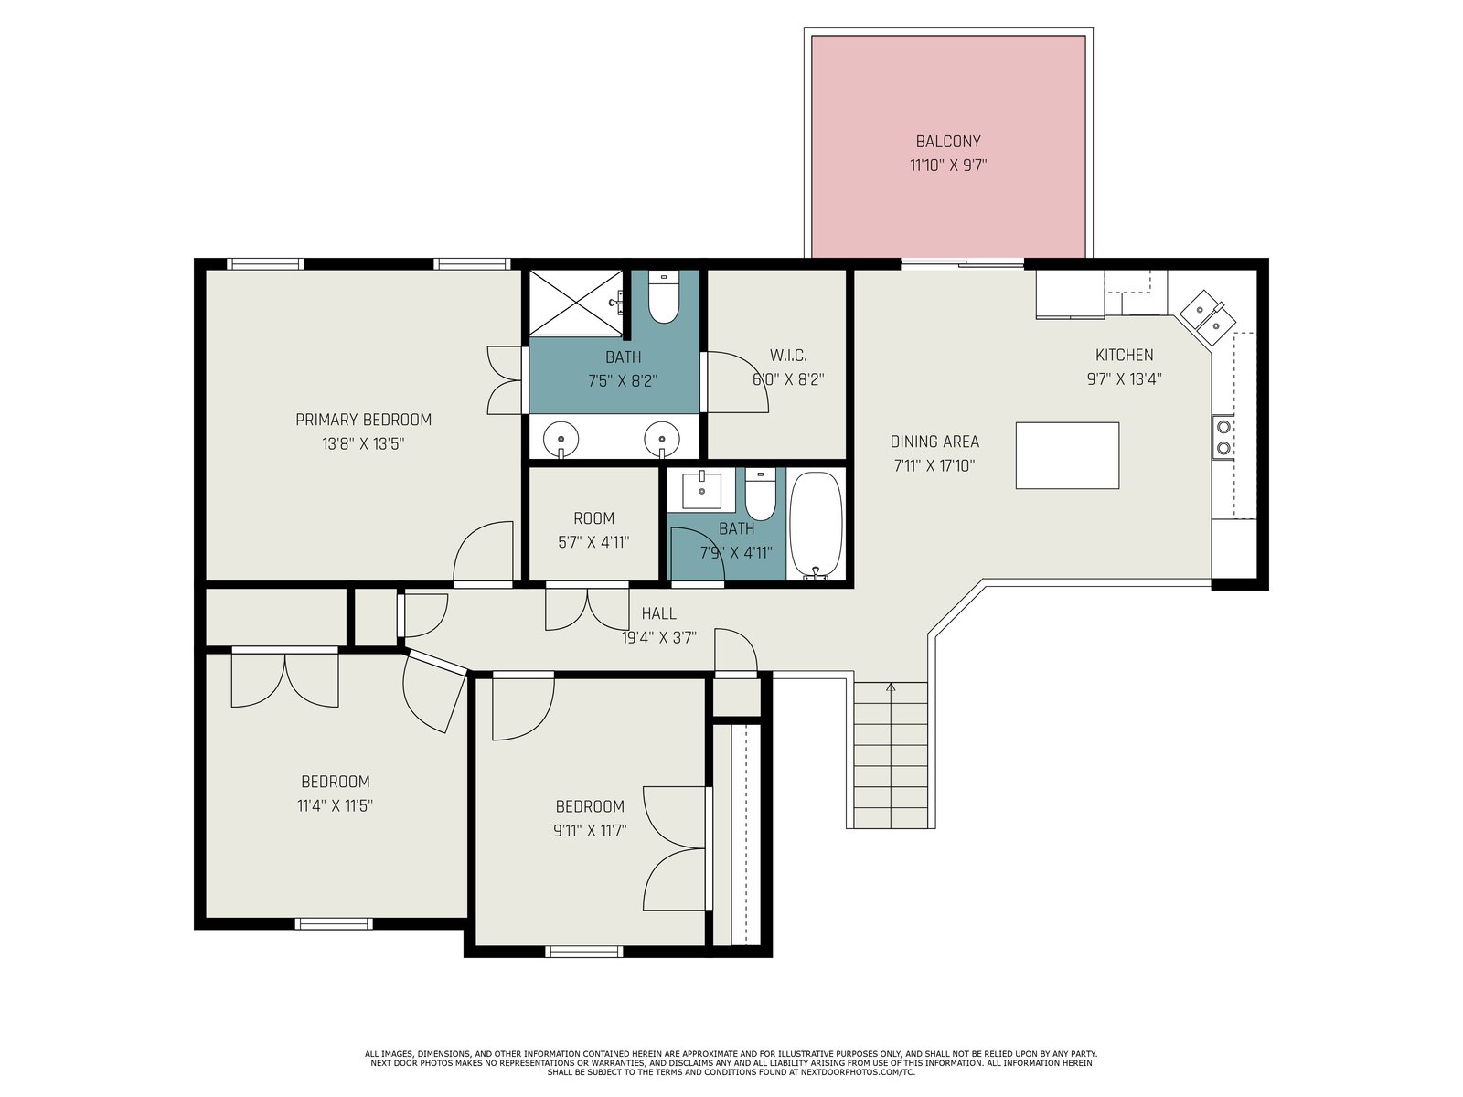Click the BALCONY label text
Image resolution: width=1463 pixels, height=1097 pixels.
(948, 141)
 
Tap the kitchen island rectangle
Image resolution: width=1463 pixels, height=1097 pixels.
(1066, 455)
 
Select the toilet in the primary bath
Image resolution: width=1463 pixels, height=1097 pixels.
(663, 297)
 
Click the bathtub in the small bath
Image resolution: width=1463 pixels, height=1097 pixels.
(815, 525)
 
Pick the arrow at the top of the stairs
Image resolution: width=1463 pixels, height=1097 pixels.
(892, 687)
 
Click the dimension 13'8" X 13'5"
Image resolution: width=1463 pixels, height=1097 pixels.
(363, 443)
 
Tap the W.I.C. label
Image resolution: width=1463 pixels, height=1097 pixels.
(788, 355)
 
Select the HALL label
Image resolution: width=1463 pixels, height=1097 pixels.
(658, 613)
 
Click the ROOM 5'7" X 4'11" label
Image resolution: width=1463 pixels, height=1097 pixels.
(593, 530)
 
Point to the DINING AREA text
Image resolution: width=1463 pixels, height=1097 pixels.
(934, 441)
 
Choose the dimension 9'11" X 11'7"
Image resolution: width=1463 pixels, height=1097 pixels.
(590, 831)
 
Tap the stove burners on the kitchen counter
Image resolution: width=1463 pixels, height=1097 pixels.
(1223, 437)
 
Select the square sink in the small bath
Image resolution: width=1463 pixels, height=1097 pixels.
(701, 489)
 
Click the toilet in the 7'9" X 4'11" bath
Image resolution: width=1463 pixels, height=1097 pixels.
(760, 495)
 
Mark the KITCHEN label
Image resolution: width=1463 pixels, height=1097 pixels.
(1124, 355)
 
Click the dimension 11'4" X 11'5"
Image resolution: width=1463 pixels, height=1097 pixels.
(335, 806)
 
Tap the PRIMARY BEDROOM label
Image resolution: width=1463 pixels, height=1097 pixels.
(363, 420)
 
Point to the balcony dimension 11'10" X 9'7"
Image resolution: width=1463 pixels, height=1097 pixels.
(948, 165)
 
